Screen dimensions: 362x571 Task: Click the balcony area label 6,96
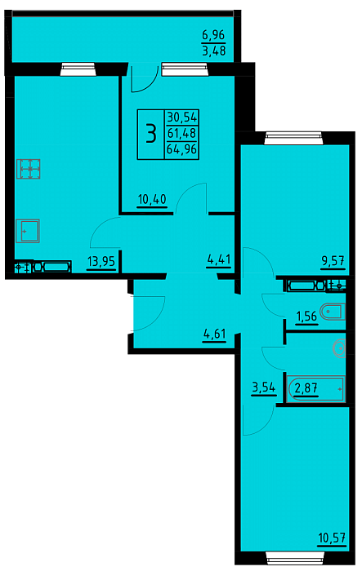click(213, 36)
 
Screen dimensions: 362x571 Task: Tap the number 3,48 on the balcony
click(213, 51)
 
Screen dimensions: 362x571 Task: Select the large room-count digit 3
click(150, 134)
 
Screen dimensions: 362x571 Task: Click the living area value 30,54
click(181, 117)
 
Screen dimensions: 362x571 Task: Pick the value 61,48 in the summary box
click(181, 133)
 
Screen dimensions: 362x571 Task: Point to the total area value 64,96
click(181, 149)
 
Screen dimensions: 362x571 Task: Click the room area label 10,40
click(152, 199)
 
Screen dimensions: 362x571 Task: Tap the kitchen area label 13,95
click(101, 261)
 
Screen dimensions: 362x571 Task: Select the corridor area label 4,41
click(218, 259)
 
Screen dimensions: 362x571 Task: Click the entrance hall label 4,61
click(215, 334)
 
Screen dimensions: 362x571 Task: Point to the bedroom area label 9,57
click(333, 261)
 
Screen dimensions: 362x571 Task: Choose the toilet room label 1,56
click(306, 316)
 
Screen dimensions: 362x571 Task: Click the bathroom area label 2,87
click(306, 388)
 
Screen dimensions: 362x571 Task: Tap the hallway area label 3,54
click(263, 387)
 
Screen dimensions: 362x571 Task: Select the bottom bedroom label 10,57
click(332, 537)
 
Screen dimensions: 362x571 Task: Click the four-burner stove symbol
click(28, 169)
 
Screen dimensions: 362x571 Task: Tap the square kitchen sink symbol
click(28, 231)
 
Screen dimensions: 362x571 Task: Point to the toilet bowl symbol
click(333, 312)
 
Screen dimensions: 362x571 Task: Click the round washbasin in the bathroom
click(339, 348)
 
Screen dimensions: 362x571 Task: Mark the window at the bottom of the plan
click(294, 557)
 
